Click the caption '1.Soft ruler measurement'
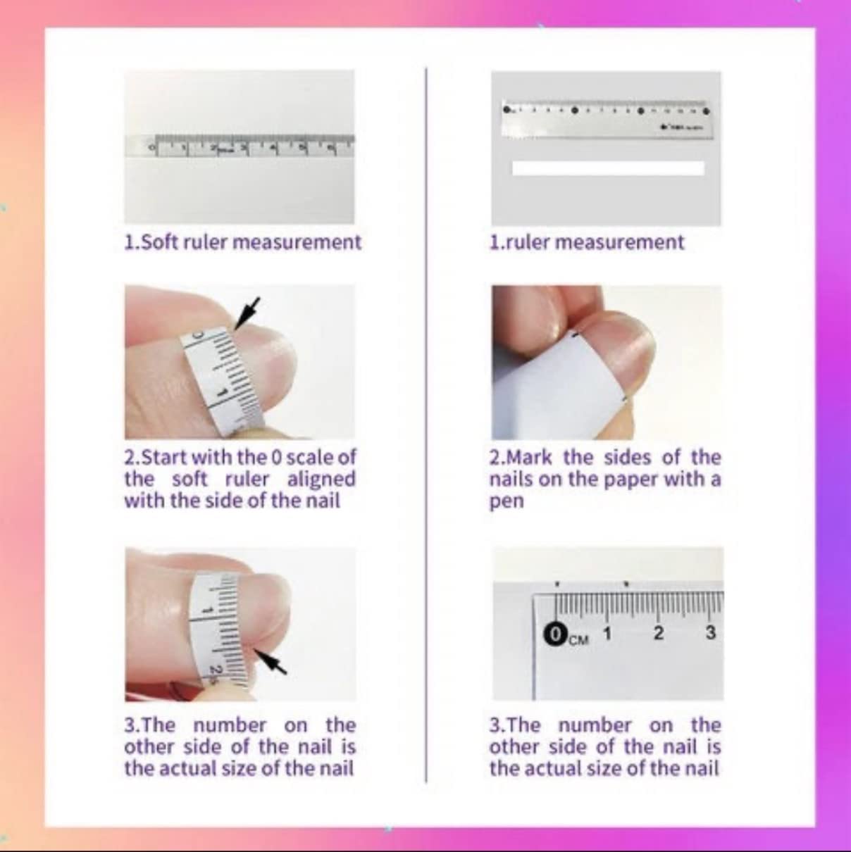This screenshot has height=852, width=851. [x=242, y=242]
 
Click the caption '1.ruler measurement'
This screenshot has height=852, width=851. [x=586, y=242]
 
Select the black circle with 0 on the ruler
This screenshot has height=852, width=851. [x=555, y=634]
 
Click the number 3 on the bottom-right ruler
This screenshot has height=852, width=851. [x=710, y=632]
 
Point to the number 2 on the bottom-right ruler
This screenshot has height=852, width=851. [x=658, y=632]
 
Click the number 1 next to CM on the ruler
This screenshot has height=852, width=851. [x=607, y=632]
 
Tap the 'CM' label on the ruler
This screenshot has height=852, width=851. [x=578, y=639]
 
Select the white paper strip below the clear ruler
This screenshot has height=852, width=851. [x=607, y=168]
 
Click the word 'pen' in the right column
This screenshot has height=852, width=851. [x=507, y=502]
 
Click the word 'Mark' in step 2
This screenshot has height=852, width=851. [x=530, y=458]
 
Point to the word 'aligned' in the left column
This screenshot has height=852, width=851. [x=321, y=480]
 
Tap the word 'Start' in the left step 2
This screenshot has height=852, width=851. [x=165, y=458]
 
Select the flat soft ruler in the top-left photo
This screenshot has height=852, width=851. [x=240, y=147]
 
